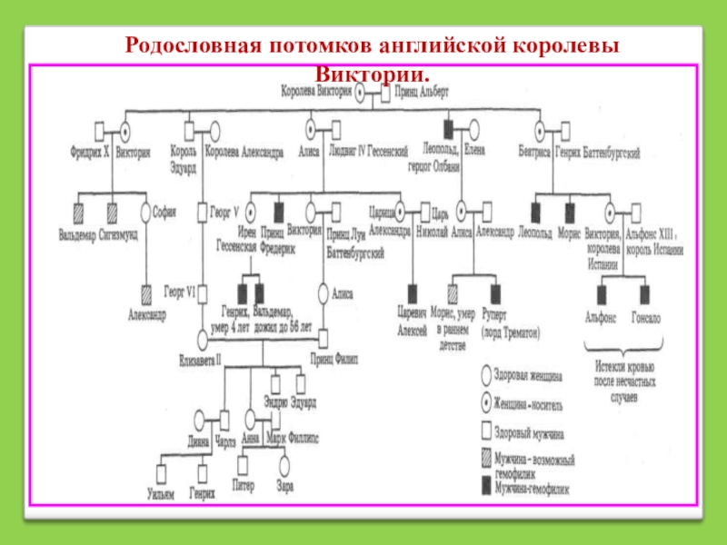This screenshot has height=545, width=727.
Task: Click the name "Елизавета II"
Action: (x=202, y=357)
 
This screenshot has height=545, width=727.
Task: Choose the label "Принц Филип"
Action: (x=334, y=357)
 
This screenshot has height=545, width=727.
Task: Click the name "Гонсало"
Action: (x=646, y=319)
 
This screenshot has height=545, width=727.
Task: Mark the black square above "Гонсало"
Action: (x=644, y=292)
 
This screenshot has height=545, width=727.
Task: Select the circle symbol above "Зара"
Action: (x=284, y=464)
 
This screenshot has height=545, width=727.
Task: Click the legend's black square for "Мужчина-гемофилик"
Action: (x=485, y=486)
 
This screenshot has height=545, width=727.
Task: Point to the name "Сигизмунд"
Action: (x=118, y=233)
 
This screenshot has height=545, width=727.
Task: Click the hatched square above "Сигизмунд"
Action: (x=112, y=212)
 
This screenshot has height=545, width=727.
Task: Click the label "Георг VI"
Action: (x=181, y=292)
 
